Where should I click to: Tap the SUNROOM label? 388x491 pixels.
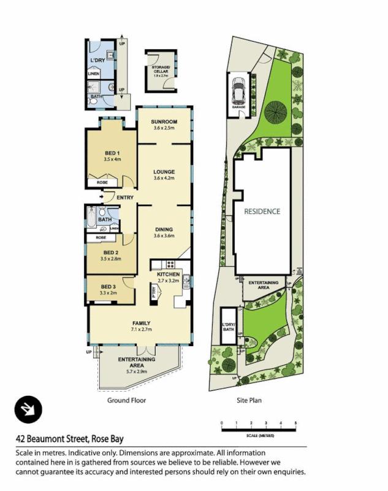(164, 122)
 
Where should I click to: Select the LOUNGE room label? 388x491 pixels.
(164, 172)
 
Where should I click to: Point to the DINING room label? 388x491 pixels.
(164, 229)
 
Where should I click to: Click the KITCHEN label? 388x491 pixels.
(168, 274)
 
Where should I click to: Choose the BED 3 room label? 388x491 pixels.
(108, 287)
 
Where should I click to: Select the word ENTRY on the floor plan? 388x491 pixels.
(125, 197)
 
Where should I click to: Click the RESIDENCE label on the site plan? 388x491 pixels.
(262, 211)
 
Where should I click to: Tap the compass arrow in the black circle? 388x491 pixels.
(28, 409)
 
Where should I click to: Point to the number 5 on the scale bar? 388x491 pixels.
(295, 424)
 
